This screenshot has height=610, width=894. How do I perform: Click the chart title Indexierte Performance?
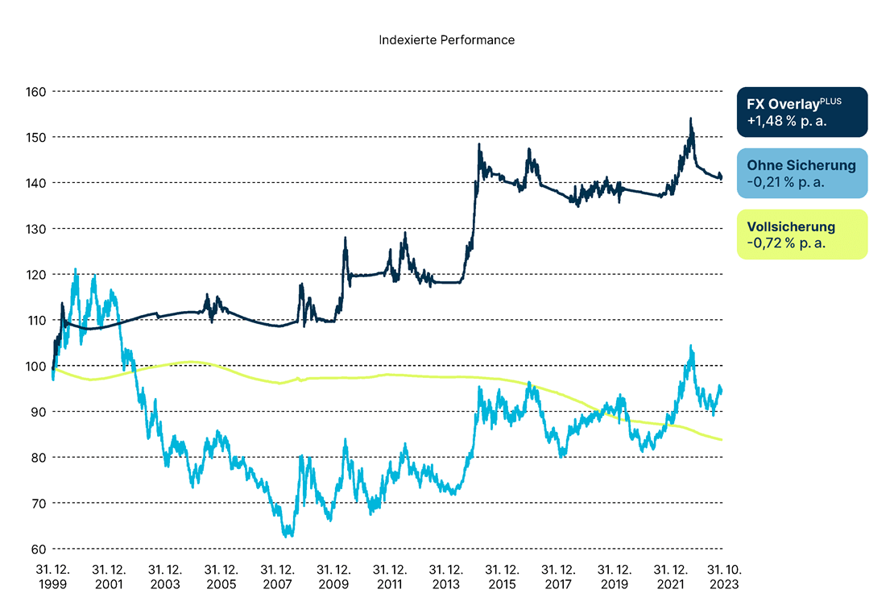[x=446, y=39]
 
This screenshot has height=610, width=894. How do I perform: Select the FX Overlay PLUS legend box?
[x=802, y=112]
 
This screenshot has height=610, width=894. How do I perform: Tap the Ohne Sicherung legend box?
[x=802, y=173]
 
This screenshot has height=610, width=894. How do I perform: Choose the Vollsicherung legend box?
[x=802, y=234]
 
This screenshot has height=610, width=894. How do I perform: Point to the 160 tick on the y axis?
[x=35, y=91]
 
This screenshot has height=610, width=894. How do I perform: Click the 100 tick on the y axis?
[x=35, y=366]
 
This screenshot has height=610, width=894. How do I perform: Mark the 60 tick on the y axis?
[x=37, y=549]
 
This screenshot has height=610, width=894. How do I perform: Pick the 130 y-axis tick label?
[x=35, y=229]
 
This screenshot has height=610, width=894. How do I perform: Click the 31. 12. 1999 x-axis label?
[x=52, y=577]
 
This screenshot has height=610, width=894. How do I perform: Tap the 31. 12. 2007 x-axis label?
[x=278, y=577]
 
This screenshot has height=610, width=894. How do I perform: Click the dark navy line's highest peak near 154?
[x=690, y=119]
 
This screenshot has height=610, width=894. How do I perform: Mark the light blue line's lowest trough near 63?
[x=288, y=535]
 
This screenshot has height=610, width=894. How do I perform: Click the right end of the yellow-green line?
[x=721, y=439]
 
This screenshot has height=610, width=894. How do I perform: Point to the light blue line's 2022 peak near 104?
[x=690, y=346]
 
